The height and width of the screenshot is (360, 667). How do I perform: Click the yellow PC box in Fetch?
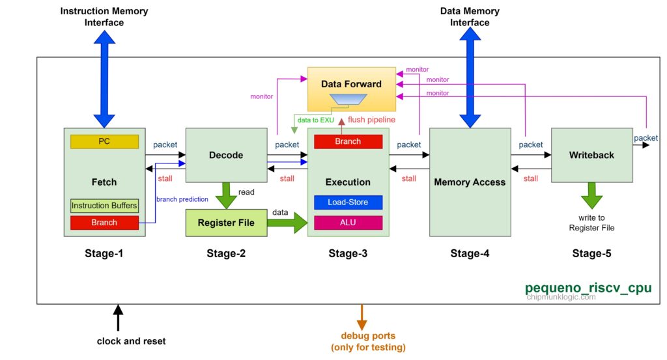pos(104,141)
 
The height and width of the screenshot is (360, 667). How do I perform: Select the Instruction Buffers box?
pos(104,206)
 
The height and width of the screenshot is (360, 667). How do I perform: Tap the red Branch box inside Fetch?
pos(104,223)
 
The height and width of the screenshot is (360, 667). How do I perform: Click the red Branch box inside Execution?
pos(348,141)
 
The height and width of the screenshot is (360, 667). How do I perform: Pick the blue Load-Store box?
pos(348,202)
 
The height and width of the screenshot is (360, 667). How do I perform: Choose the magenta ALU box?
pos(348,223)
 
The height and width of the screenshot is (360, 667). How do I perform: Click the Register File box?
pos(227,223)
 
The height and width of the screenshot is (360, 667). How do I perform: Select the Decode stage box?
pos(226,155)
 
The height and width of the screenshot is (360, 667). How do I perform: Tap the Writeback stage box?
pos(591,155)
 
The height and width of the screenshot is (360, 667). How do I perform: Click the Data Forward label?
pos(352,84)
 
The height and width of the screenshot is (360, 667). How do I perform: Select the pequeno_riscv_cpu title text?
pos(588,287)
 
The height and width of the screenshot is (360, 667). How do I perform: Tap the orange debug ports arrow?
pos(363,316)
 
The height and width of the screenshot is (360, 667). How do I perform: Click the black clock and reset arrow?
pos(118,318)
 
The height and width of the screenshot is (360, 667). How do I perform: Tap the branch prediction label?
pos(182,199)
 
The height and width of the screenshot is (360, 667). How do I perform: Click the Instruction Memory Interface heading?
pos(104,17)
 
